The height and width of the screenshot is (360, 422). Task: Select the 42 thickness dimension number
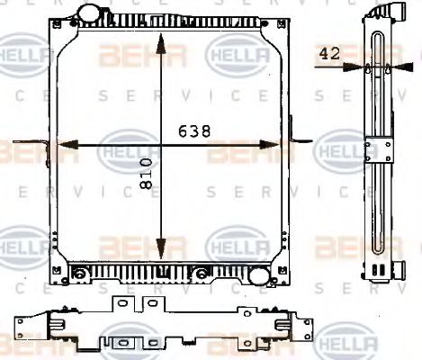click(x=329, y=54)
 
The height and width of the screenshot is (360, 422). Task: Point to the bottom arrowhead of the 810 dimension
click(x=160, y=256)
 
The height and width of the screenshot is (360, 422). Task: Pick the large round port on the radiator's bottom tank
click(x=203, y=273)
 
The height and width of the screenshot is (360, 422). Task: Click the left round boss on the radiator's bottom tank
click(x=80, y=273)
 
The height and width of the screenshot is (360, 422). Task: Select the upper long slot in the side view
click(x=376, y=81)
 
